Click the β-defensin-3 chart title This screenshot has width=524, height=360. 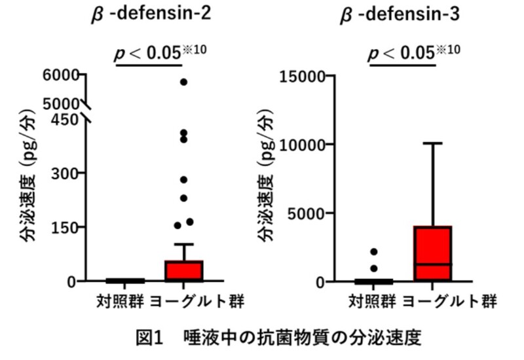400,14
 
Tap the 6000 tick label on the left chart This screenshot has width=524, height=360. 63,75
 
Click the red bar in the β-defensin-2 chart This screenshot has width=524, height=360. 184,270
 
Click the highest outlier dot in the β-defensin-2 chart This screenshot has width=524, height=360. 184,82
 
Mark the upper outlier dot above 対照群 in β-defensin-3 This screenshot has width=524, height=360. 373,252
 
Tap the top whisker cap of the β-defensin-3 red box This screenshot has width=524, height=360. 433,143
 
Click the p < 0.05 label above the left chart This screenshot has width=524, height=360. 149,52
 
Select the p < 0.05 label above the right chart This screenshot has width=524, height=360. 402,52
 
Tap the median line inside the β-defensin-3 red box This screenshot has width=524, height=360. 433,264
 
